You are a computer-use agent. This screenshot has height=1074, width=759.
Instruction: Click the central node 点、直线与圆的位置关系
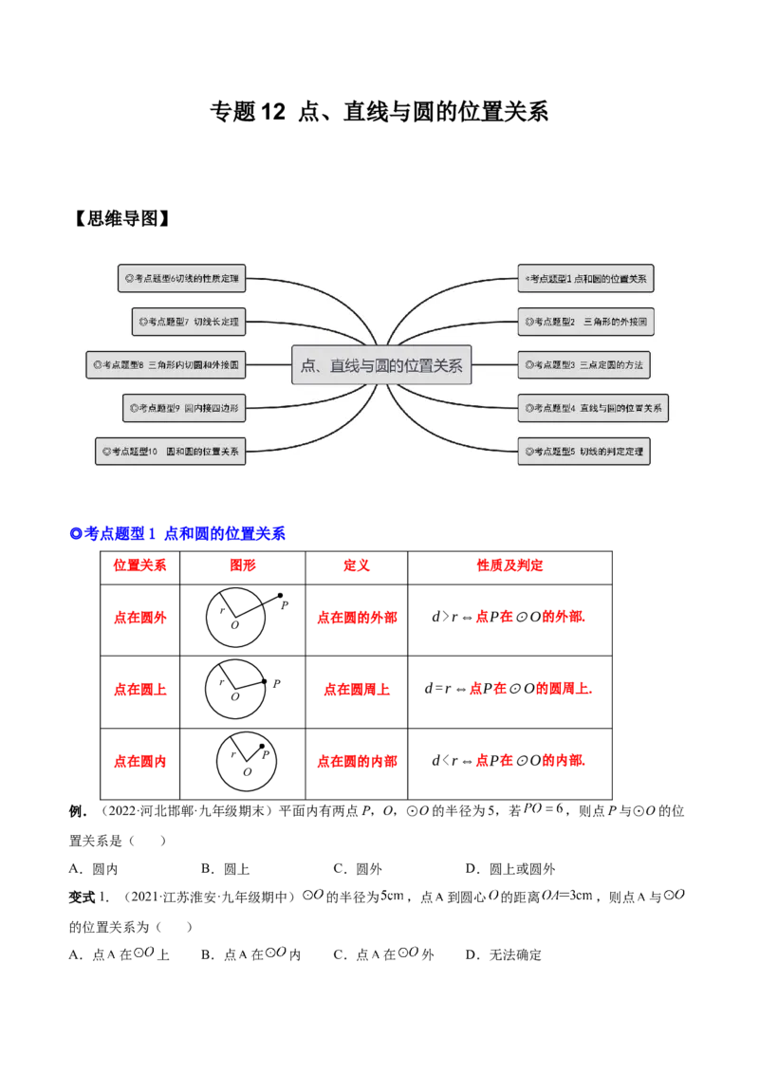tap(381, 365)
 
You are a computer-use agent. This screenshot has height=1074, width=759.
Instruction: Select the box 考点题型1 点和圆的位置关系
tap(586, 279)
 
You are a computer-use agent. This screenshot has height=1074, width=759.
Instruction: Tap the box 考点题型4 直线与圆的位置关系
tap(592, 409)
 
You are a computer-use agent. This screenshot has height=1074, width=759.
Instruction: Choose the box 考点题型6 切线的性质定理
tap(184, 279)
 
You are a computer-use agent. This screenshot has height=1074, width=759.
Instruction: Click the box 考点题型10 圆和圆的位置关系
tap(170, 451)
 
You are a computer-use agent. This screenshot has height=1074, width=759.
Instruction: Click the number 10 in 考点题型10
tap(152, 451)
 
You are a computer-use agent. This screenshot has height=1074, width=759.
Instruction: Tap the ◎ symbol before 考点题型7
tap(143, 323)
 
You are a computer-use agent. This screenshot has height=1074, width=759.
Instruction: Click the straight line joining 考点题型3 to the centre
tap(493, 364)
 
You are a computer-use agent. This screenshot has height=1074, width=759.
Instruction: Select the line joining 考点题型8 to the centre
tap(269, 364)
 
